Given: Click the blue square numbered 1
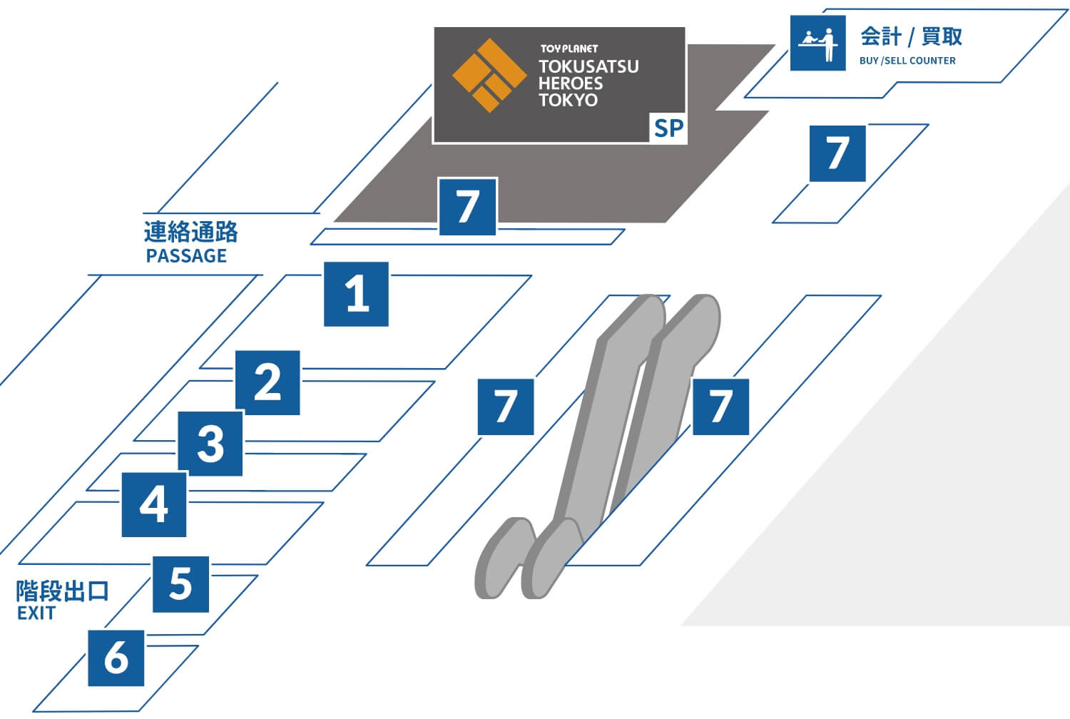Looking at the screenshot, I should pyautogui.click(x=356, y=294).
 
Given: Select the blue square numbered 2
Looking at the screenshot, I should pyautogui.click(x=267, y=382).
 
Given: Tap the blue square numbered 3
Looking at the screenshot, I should pyautogui.click(x=210, y=444).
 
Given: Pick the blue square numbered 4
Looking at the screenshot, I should pyautogui.click(x=154, y=504).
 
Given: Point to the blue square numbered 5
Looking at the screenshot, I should pyautogui.click(x=180, y=583).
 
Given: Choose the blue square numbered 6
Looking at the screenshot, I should pyautogui.click(x=116, y=658).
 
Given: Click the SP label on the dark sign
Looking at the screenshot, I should pyautogui.click(x=668, y=128).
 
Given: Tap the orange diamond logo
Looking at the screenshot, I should pyautogui.click(x=489, y=76).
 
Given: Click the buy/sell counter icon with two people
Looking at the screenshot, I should pyautogui.click(x=817, y=43).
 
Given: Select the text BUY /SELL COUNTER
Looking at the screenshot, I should pyautogui.click(x=907, y=61).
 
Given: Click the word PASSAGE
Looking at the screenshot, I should pyautogui.click(x=186, y=255).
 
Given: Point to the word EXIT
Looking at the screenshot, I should pyautogui.click(x=36, y=613).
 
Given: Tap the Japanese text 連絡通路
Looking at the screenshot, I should pyautogui.click(x=190, y=232).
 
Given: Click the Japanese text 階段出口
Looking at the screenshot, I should pyautogui.click(x=62, y=591).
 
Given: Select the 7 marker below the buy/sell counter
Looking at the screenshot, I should pyautogui.click(x=837, y=153).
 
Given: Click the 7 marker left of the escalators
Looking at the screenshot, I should pyautogui.click(x=506, y=407).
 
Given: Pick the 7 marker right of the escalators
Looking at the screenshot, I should pyautogui.click(x=720, y=407).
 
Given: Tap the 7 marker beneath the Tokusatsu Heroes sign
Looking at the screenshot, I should pyautogui.click(x=468, y=206).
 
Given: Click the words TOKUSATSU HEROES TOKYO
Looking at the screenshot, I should pyautogui.click(x=588, y=83).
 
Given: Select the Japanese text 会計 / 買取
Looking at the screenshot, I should pyautogui.click(x=911, y=36).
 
